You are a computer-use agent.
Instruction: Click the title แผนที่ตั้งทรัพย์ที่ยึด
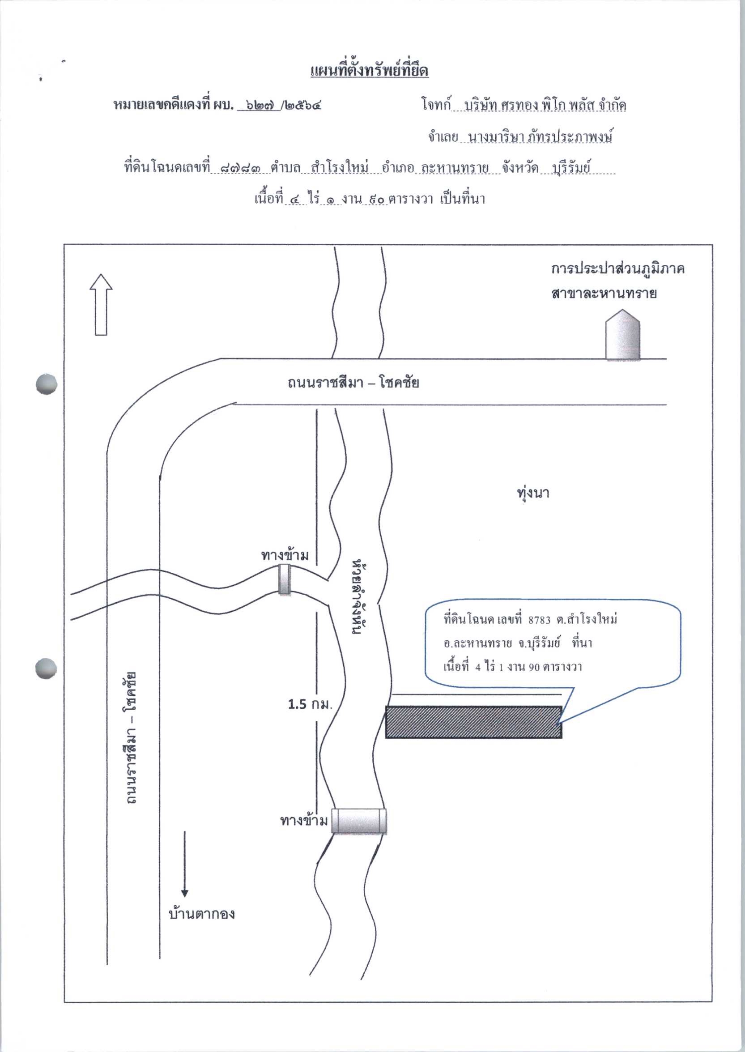[369, 71]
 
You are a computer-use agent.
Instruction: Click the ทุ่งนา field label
[532, 493]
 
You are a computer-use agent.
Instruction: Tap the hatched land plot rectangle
[473, 722]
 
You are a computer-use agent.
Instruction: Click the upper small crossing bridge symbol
[285, 580]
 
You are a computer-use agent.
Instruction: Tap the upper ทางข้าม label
[285, 556]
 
